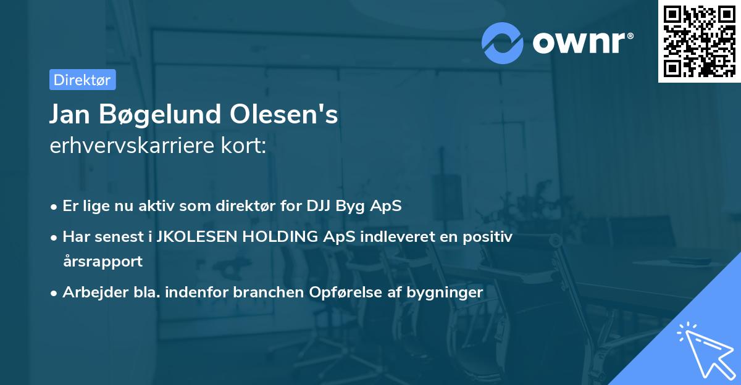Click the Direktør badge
pyautogui.click(x=82, y=80)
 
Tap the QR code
pyautogui.click(x=699, y=41)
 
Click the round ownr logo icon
pyautogui.click(x=503, y=43)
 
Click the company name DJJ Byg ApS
pyautogui.click(x=354, y=206)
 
